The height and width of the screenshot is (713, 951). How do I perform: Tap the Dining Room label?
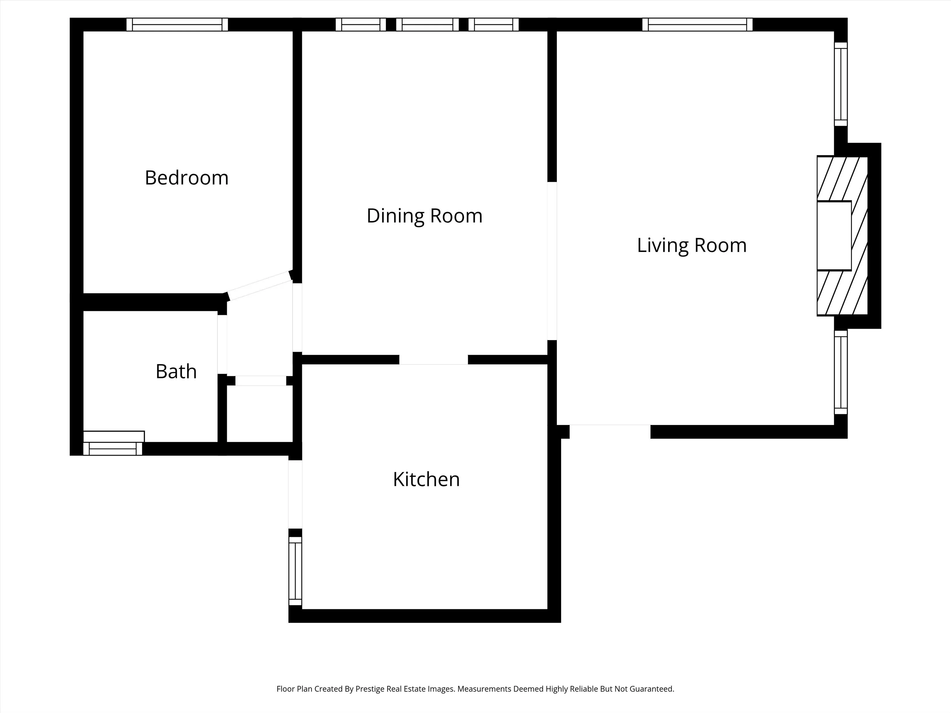[x=424, y=216]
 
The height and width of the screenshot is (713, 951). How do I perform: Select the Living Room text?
[x=691, y=246]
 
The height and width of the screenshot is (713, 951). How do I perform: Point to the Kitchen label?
[x=426, y=479]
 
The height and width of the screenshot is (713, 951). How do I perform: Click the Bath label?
[x=176, y=372]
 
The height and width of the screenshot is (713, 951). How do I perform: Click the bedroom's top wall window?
[x=177, y=24]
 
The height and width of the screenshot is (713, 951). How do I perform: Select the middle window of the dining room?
[x=427, y=24]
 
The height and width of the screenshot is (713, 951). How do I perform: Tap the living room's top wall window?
[x=697, y=24]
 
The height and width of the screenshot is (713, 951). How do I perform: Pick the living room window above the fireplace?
[x=841, y=84]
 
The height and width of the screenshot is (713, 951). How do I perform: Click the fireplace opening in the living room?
[x=834, y=236]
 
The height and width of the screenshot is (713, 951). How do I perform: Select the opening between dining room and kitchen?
[x=433, y=360]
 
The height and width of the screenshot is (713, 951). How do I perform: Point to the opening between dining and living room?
[x=552, y=261]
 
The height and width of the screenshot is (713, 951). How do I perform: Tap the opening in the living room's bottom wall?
[x=610, y=431]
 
